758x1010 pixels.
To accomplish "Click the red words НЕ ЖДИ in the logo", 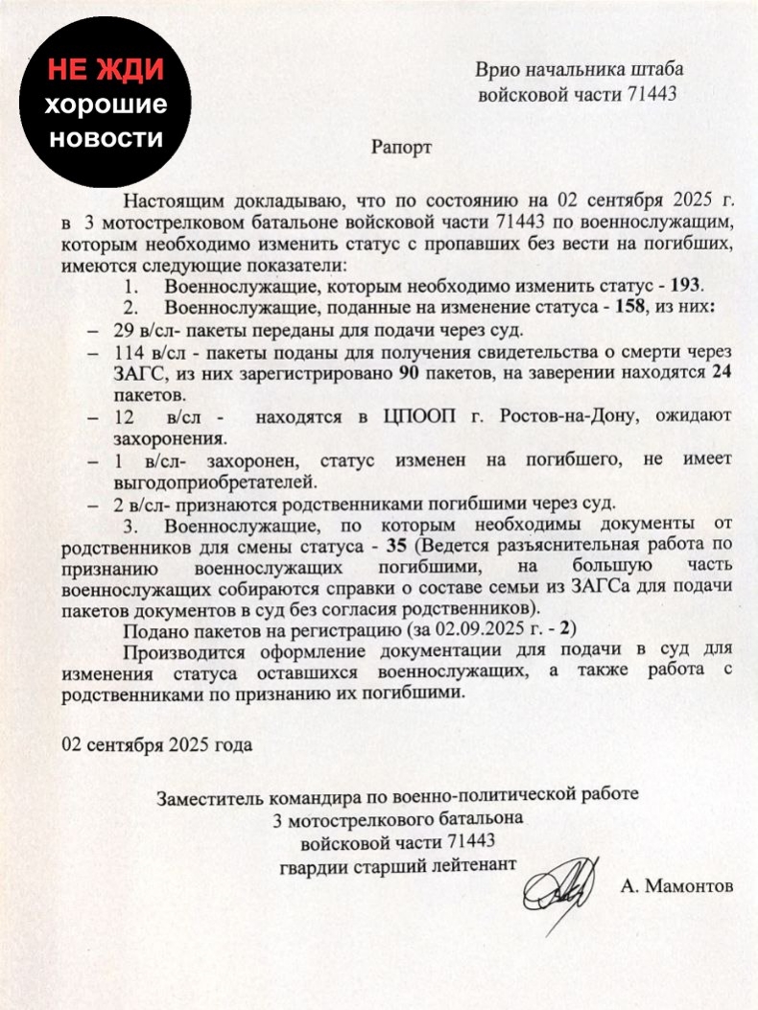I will pyautogui.click(x=107, y=69).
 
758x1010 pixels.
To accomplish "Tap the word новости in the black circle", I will pyautogui.click(x=107, y=138).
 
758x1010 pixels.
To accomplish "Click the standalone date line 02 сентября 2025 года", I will pyautogui.click(x=144, y=743).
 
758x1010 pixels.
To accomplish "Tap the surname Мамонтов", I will pyautogui.click(x=676, y=886).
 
